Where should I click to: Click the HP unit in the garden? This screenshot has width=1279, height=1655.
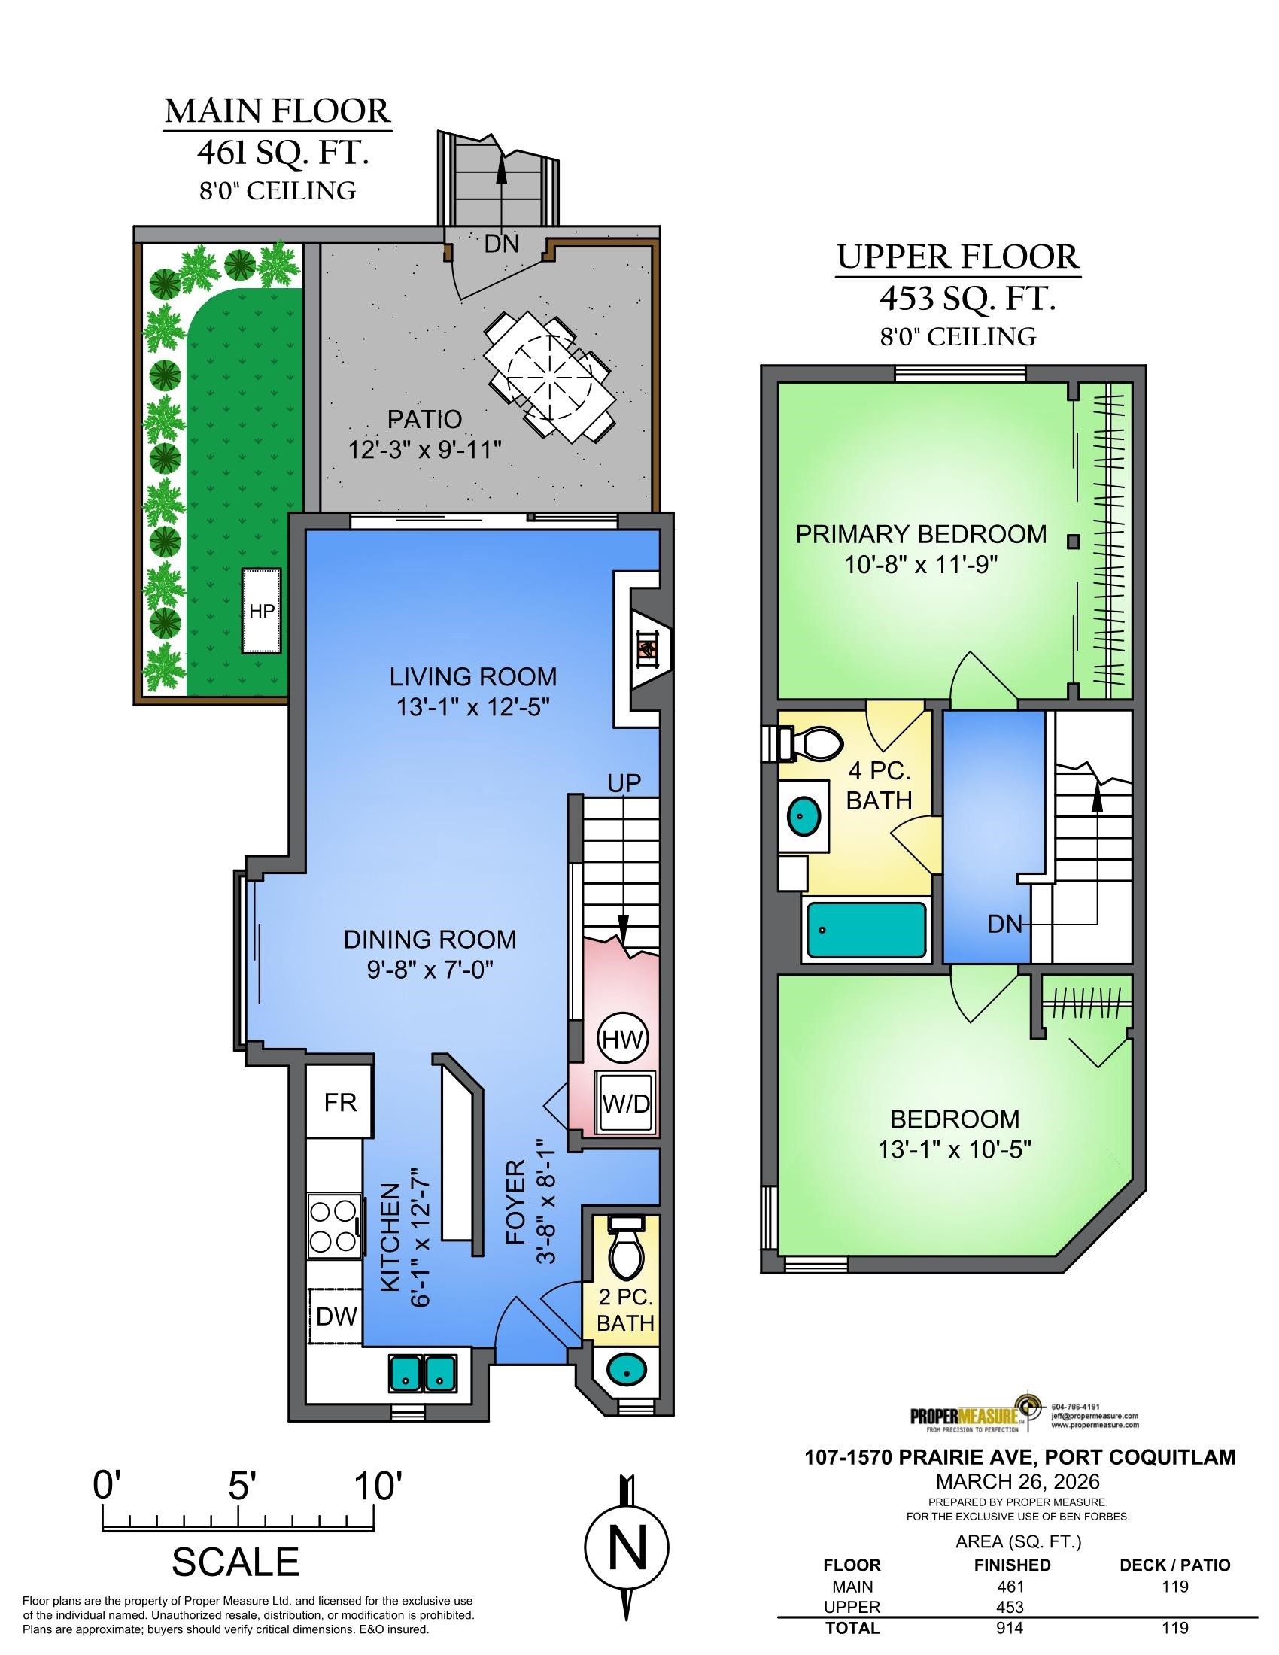click(x=262, y=611)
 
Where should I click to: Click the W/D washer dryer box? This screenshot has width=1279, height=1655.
click(x=626, y=1103)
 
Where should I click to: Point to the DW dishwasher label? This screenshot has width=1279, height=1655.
click(x=336, y=1316)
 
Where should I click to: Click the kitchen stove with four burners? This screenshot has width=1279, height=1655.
click(x=333, y=1227)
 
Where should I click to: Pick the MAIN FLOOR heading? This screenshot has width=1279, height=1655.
click(x=278, y=111)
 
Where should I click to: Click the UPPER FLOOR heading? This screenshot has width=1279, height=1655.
click(x=958, y=257)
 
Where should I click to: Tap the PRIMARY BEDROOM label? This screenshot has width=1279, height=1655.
click(x=921, y=534)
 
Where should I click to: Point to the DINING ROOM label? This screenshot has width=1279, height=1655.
click(x=430, y=940)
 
